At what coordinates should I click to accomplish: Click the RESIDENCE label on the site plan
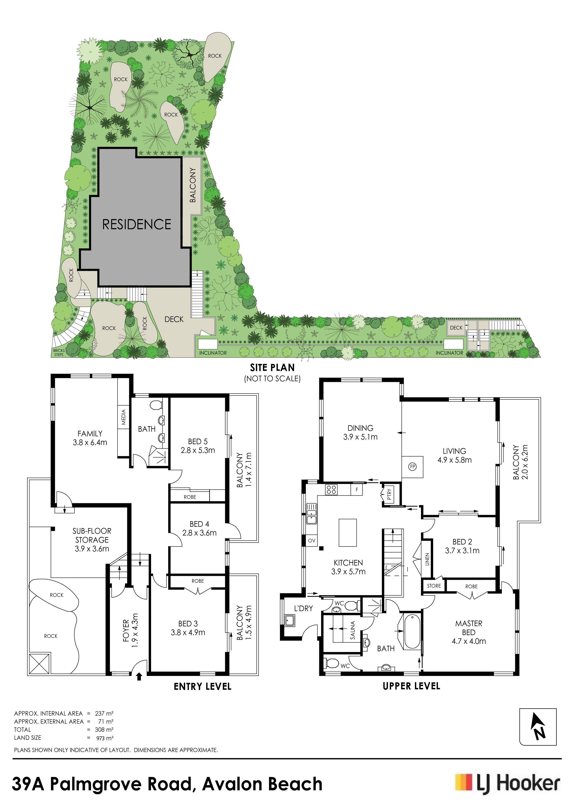pyautogui.click(x=137, y=224)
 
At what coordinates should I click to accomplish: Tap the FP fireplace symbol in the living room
pyautogui.click(x=412, y=467)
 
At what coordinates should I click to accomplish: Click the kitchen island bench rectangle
pyautogui.click(x=348, y=532)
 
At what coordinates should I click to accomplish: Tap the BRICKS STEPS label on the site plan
pyautogui.click(x=59, y=352)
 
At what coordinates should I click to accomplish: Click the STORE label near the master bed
pyautogui.click(x=434, y=586)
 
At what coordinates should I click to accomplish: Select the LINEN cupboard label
pyautogui.click(x=427, y=559)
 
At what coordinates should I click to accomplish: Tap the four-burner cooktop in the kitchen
pyautogui.click(x=332, y=489)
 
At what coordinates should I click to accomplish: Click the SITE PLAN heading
pyautogui.click(x=272, y=368)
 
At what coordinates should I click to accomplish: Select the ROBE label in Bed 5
pyautogui.click(x=190, y=497)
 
